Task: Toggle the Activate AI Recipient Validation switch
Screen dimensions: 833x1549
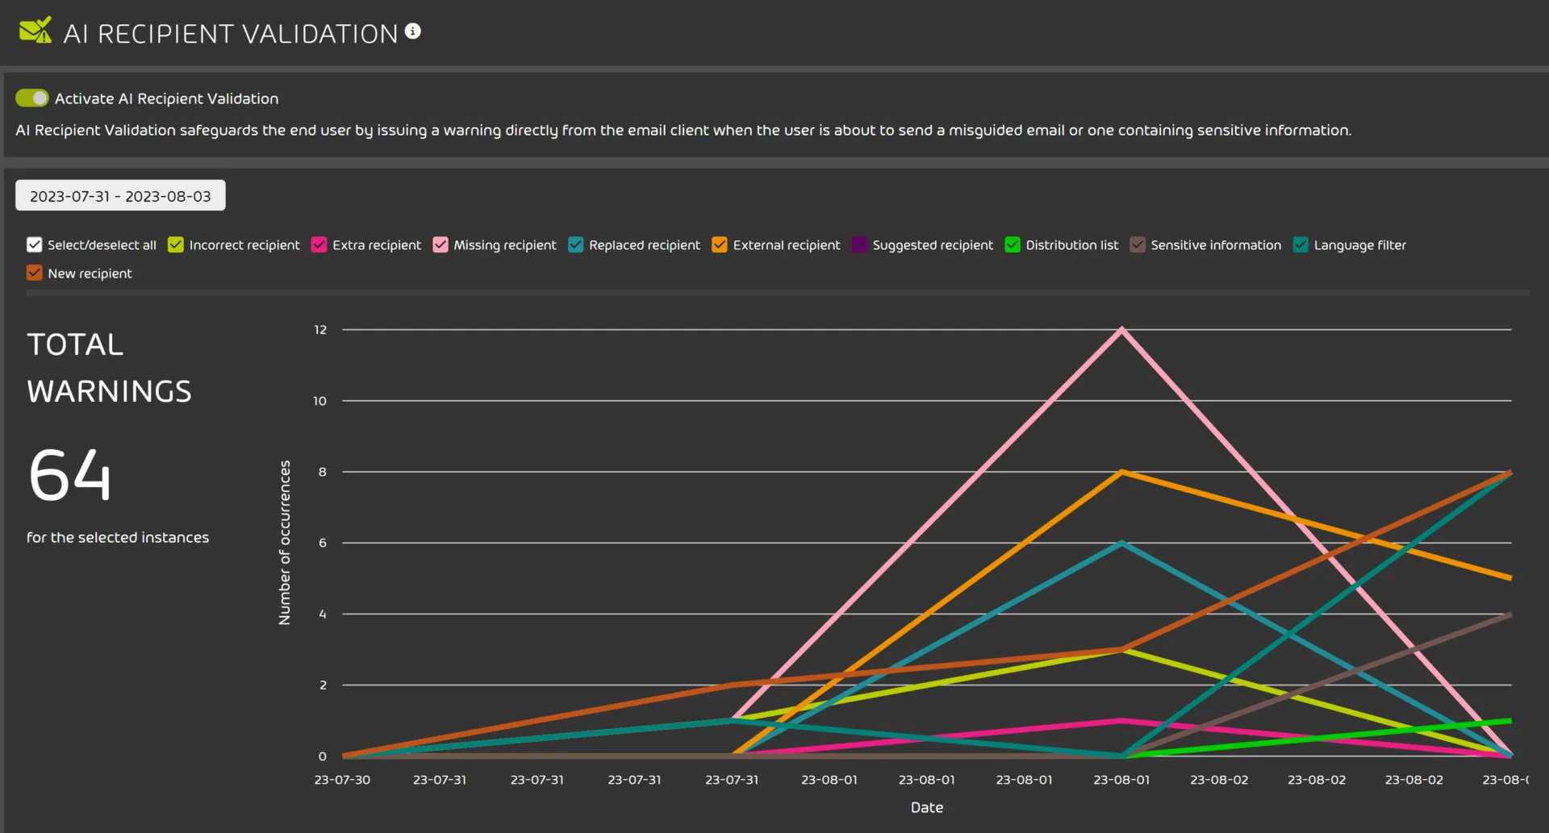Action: click(x=31, y=98)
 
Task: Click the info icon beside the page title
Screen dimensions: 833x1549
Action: click(x=413, y=31)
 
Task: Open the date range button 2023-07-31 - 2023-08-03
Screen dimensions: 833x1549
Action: click(x=120, y=196)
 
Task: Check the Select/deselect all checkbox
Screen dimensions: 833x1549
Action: click(x=34, y=245)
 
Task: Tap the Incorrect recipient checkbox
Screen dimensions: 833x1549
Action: click(x=176, y=245)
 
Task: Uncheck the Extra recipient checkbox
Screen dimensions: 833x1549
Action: click(x=319, y=245)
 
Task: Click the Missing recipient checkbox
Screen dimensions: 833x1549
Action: click(x=440, y=245)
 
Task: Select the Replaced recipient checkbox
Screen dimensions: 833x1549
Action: click(x=576, y=245)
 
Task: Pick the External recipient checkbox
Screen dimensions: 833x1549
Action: click(x=720, y=245)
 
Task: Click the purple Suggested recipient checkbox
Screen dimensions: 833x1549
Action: click(x=859, y=245)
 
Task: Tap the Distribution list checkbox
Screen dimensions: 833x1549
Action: click(x=1012, y=245)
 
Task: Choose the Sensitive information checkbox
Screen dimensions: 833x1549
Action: click(x=1138, y=245)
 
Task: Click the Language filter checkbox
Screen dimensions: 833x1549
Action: click(x=1301, y=245)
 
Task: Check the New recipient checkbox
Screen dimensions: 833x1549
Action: click(x=34, y=273)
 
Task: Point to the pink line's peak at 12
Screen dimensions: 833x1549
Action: click(x=1121, y=330)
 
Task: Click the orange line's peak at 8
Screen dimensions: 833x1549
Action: click(x=1121, y=472)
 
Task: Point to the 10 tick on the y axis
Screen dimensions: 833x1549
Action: click(x=320, y=401)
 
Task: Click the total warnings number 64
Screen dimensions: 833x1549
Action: click(x=70, y=475)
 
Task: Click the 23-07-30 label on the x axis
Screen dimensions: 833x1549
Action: click(x=342, y=780)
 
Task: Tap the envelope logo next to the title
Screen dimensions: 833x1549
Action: click(x=35, y=31)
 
